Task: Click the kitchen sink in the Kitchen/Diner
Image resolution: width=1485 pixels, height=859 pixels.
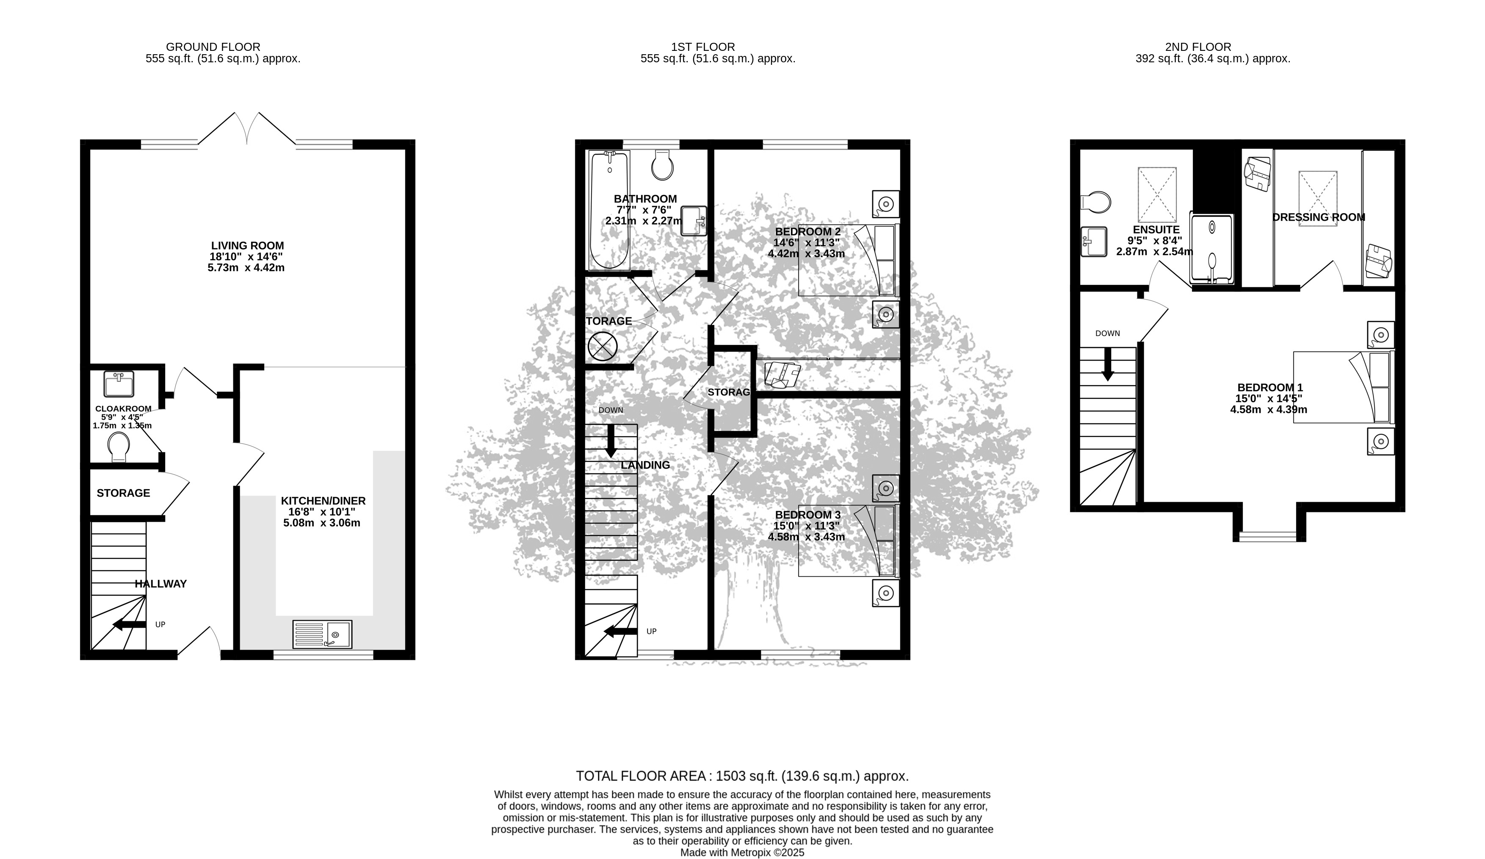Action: (322, 634)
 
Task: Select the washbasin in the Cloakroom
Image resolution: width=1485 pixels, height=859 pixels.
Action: (119, 384)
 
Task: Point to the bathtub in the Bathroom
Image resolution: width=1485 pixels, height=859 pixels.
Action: (609, 210)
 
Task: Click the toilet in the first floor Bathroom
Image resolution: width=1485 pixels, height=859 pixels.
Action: (662, 164)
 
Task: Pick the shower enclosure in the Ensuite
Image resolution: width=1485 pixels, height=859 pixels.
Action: (1211, 249)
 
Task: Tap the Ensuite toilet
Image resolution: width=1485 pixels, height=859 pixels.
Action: (1095, 202)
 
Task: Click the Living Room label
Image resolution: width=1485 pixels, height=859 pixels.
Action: (247, 246)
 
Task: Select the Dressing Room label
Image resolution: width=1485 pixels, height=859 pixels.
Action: (1319, 217)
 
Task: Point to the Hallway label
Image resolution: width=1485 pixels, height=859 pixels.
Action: (161, 584)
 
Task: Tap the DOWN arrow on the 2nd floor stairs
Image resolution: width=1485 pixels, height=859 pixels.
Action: (1108, 364)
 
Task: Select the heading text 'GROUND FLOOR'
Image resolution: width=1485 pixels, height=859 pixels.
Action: (213, 47)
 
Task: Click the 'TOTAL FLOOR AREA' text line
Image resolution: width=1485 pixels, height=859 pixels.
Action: (743, 776)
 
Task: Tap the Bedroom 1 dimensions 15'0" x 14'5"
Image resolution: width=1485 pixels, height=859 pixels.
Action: (1269, 398)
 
